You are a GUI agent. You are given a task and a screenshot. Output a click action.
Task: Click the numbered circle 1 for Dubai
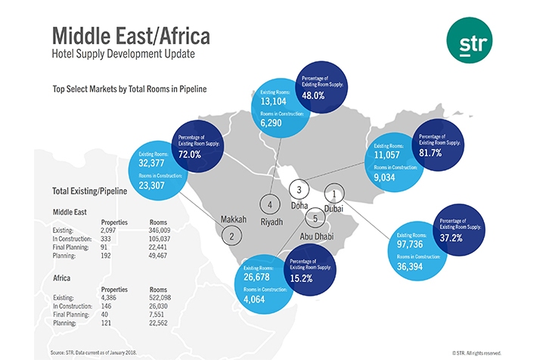tap(333, 193)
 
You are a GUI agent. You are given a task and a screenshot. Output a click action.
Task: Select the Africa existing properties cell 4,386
tap(111, 298)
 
